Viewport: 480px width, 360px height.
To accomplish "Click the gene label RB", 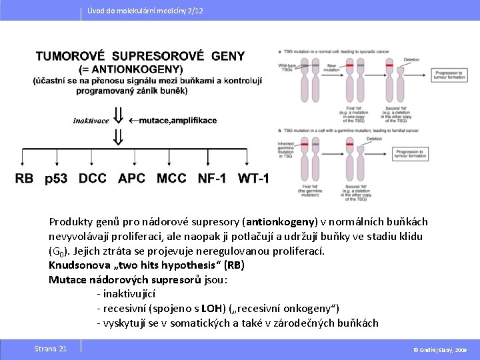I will point(24,179).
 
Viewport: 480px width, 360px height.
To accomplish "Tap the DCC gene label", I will point(93,179).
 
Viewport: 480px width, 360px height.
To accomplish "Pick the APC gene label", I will point(131,179).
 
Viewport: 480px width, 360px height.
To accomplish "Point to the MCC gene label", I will point(171,179).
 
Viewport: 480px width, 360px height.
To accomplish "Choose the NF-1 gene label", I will point(211,179).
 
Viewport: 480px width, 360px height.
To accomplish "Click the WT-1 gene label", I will point(253,179).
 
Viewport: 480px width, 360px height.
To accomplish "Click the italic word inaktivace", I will point(91,121).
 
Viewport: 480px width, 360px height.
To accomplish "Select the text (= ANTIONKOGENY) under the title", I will point(131,69).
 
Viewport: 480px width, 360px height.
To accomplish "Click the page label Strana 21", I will point(51,349).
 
